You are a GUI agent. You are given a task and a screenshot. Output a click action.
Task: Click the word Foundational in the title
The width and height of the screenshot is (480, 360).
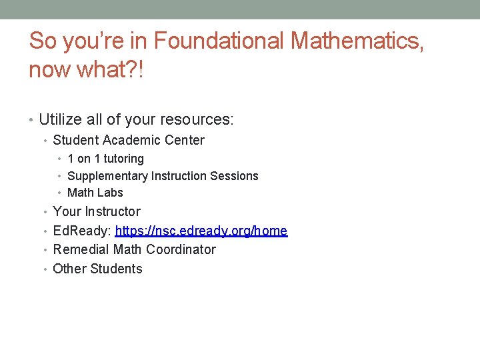pyautogui.click(x=219, y=41)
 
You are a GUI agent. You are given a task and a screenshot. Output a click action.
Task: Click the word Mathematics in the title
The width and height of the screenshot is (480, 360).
pyautogui.click(x=357, y=41)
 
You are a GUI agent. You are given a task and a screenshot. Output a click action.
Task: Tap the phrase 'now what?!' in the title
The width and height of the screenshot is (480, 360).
pyautogui.click(x=87, y=69)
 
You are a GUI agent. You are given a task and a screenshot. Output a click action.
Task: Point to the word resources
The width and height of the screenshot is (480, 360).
pyautogui.click(x=198, y=120)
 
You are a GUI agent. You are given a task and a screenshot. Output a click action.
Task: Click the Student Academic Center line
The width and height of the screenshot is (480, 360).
pyautogui.click(x=128, y=140)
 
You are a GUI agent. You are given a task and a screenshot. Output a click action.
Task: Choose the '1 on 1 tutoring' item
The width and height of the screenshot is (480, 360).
pyautogui.click(x=105, y=159)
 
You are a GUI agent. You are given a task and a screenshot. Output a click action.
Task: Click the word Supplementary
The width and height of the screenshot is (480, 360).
pyautogui.click(x=107, y=176)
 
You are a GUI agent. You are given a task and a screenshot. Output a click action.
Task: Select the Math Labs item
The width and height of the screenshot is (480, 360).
pyautogui.click(x=95, y=193)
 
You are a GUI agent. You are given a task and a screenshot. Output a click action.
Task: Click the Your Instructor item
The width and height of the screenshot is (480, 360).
pyautogui.click(x=96, y=211)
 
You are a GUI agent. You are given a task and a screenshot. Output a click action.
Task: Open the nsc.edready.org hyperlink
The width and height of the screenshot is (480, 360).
pyautogui.click(x=201, y=231)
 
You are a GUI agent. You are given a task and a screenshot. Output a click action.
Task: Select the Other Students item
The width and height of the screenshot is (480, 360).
pyautogui.click(x=97, y=269)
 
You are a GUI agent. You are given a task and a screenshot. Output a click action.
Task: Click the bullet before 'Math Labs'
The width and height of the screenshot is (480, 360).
pyautogui.click(x=60, y=193)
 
